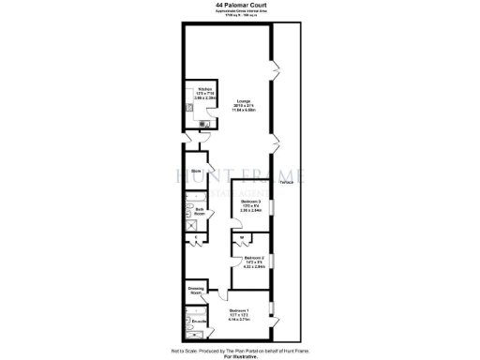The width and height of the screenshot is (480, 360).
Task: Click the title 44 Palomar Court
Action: click(239, 5)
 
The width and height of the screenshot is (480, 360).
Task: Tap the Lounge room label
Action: click(244, 100)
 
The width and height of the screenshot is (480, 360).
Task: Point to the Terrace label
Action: click(286, 181)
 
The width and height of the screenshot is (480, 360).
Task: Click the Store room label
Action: click(197, 172)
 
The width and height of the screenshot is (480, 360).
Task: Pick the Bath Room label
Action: click(201, 212)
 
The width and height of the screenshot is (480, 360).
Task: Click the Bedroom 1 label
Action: click(240, 310)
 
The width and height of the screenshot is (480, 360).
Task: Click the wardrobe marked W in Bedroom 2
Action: click(241, 240)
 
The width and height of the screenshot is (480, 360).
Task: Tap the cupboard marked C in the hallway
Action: click(195, 240)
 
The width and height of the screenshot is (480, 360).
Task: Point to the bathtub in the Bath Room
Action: click(188, 210)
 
